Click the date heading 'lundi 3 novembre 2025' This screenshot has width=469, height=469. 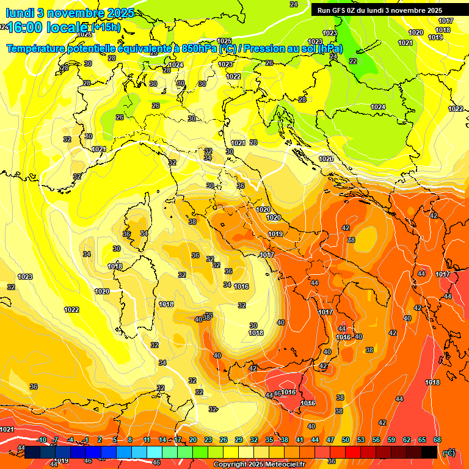point(70,13)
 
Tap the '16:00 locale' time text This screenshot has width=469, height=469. point(48,27)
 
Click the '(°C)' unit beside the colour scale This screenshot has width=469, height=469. point(449,453)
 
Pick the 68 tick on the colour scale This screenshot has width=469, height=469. point(437,440)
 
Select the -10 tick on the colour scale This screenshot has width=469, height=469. point(42,440)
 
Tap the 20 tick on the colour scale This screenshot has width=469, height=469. point(193,440)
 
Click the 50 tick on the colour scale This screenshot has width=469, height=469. point(346,440)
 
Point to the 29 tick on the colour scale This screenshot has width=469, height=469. point(239,440)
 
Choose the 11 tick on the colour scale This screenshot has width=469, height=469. point(147,440)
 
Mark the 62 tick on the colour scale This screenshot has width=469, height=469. point(407,440)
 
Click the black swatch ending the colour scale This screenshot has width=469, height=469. point(430,452)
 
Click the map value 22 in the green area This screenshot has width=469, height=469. point(353,61)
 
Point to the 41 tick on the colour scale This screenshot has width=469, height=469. point(300,440)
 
